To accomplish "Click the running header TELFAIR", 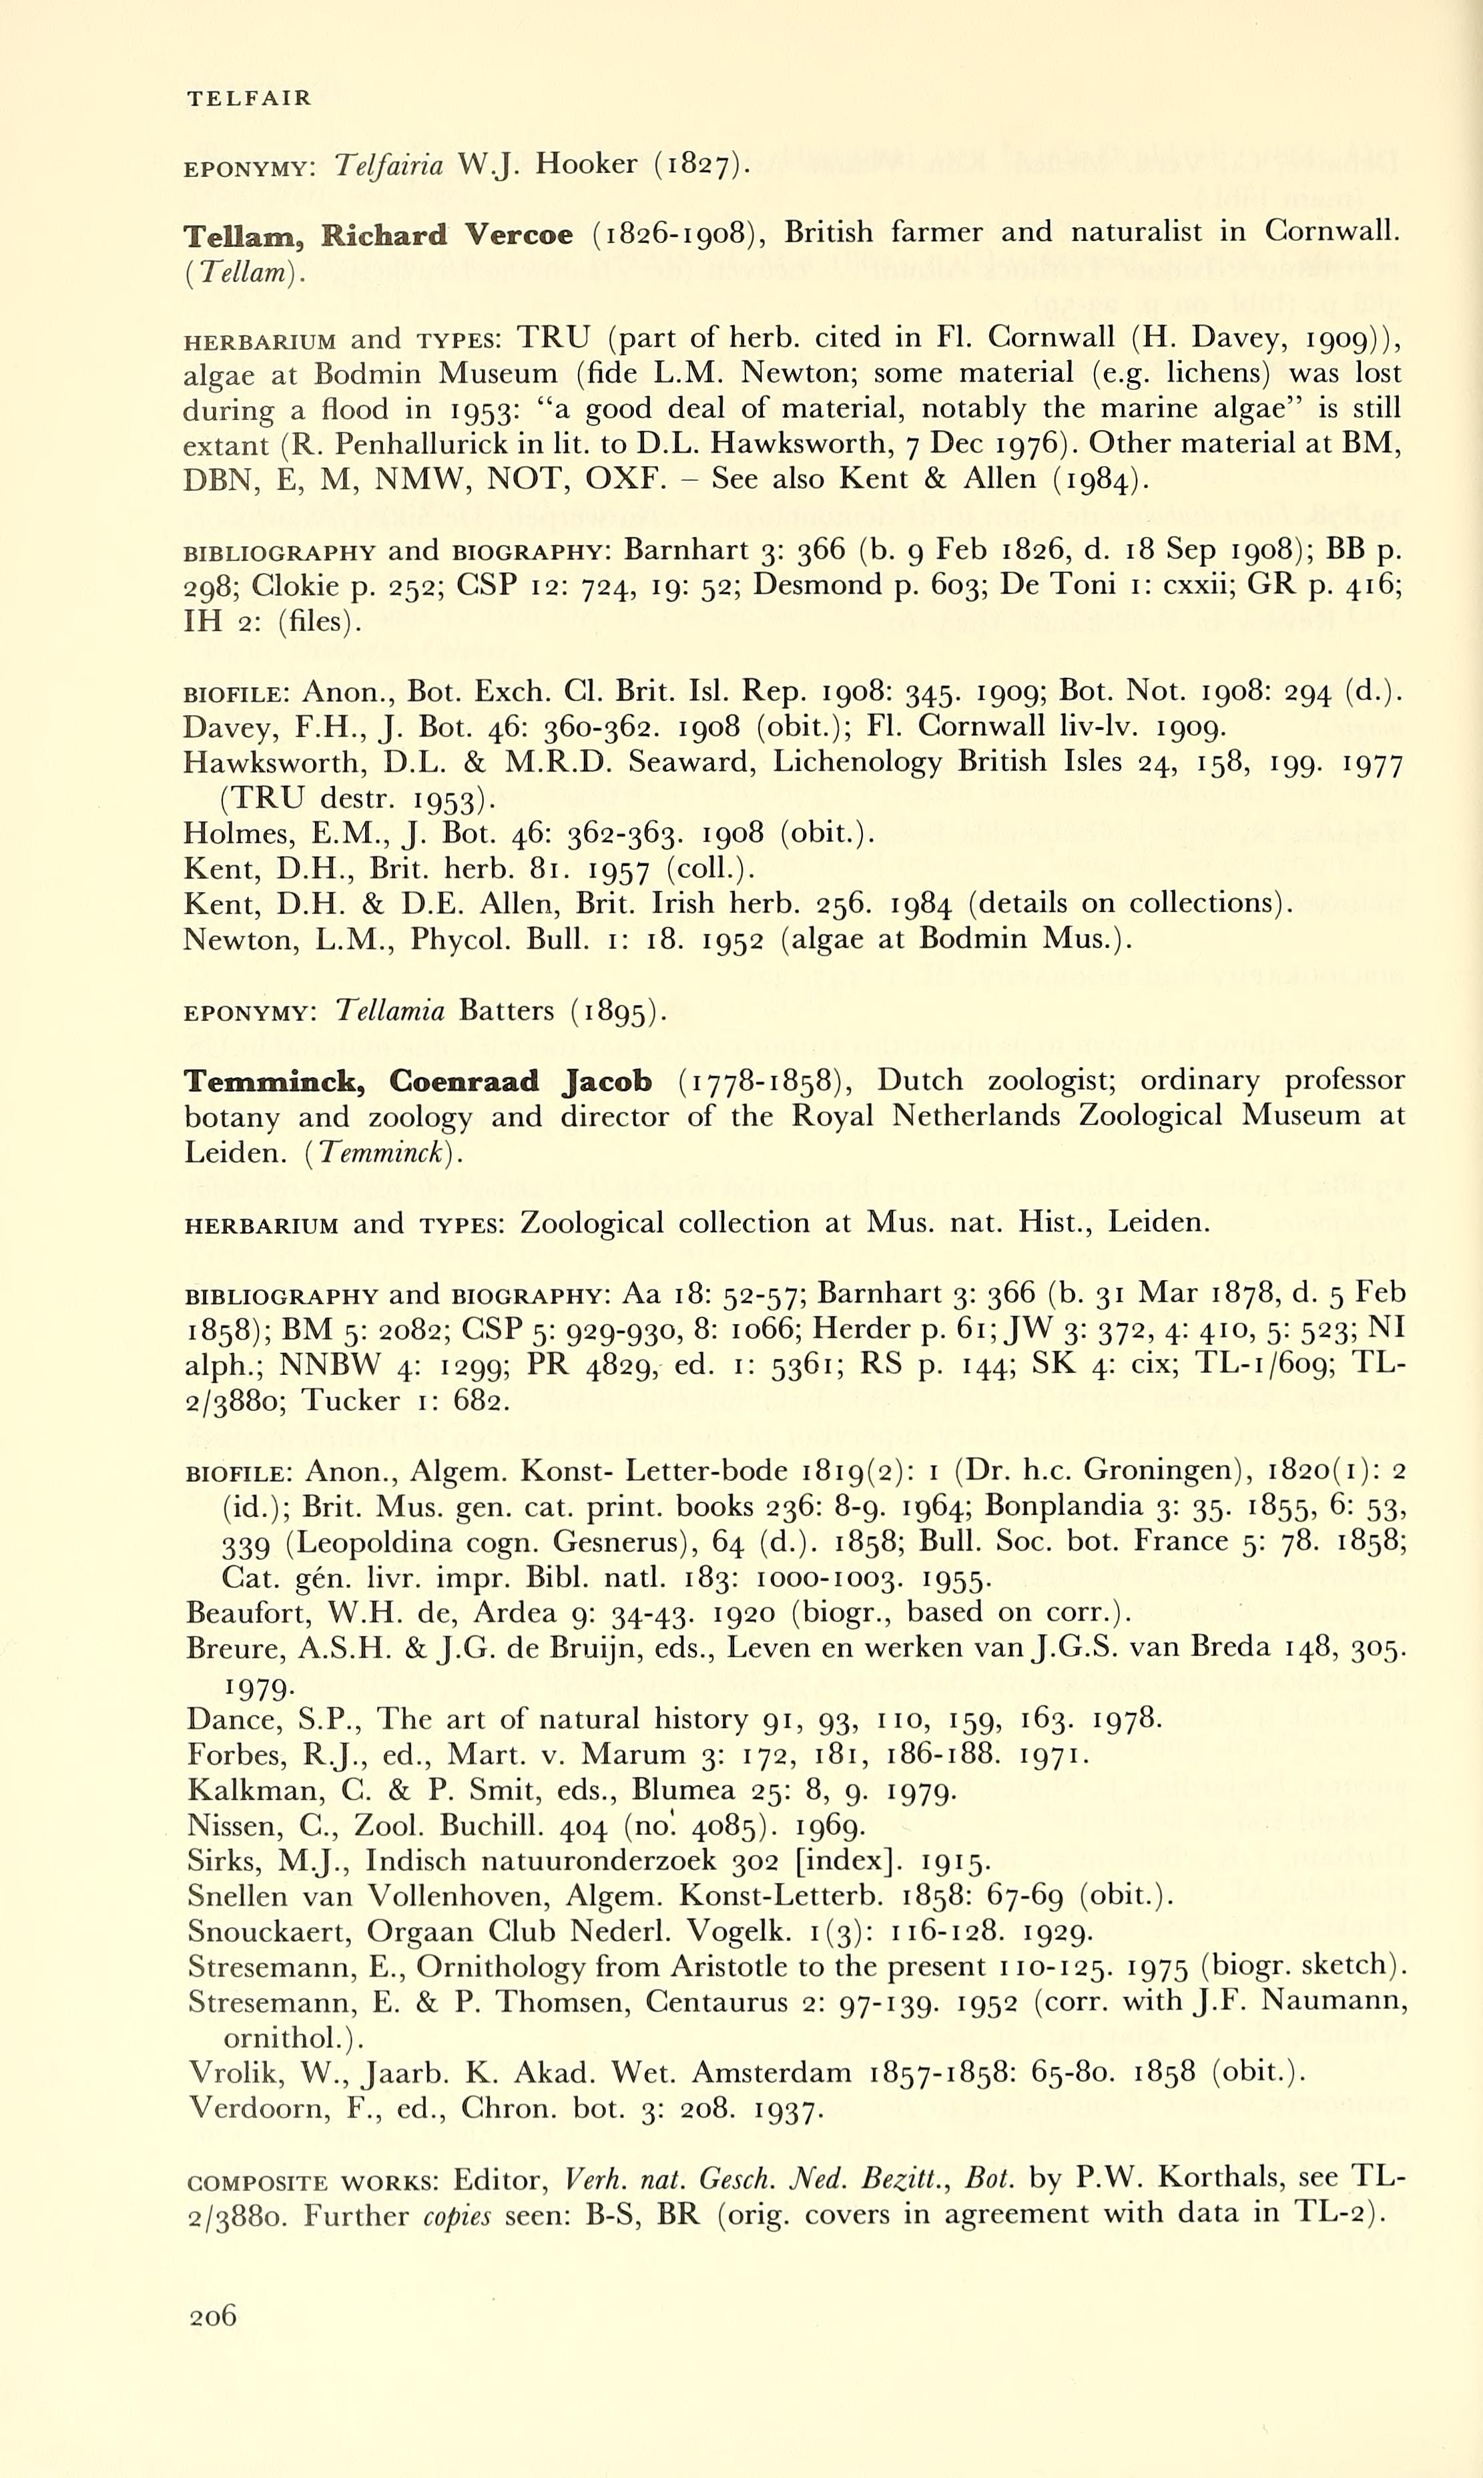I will (x=249, y=98).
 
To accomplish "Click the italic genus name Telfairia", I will (x=390, y=165).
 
